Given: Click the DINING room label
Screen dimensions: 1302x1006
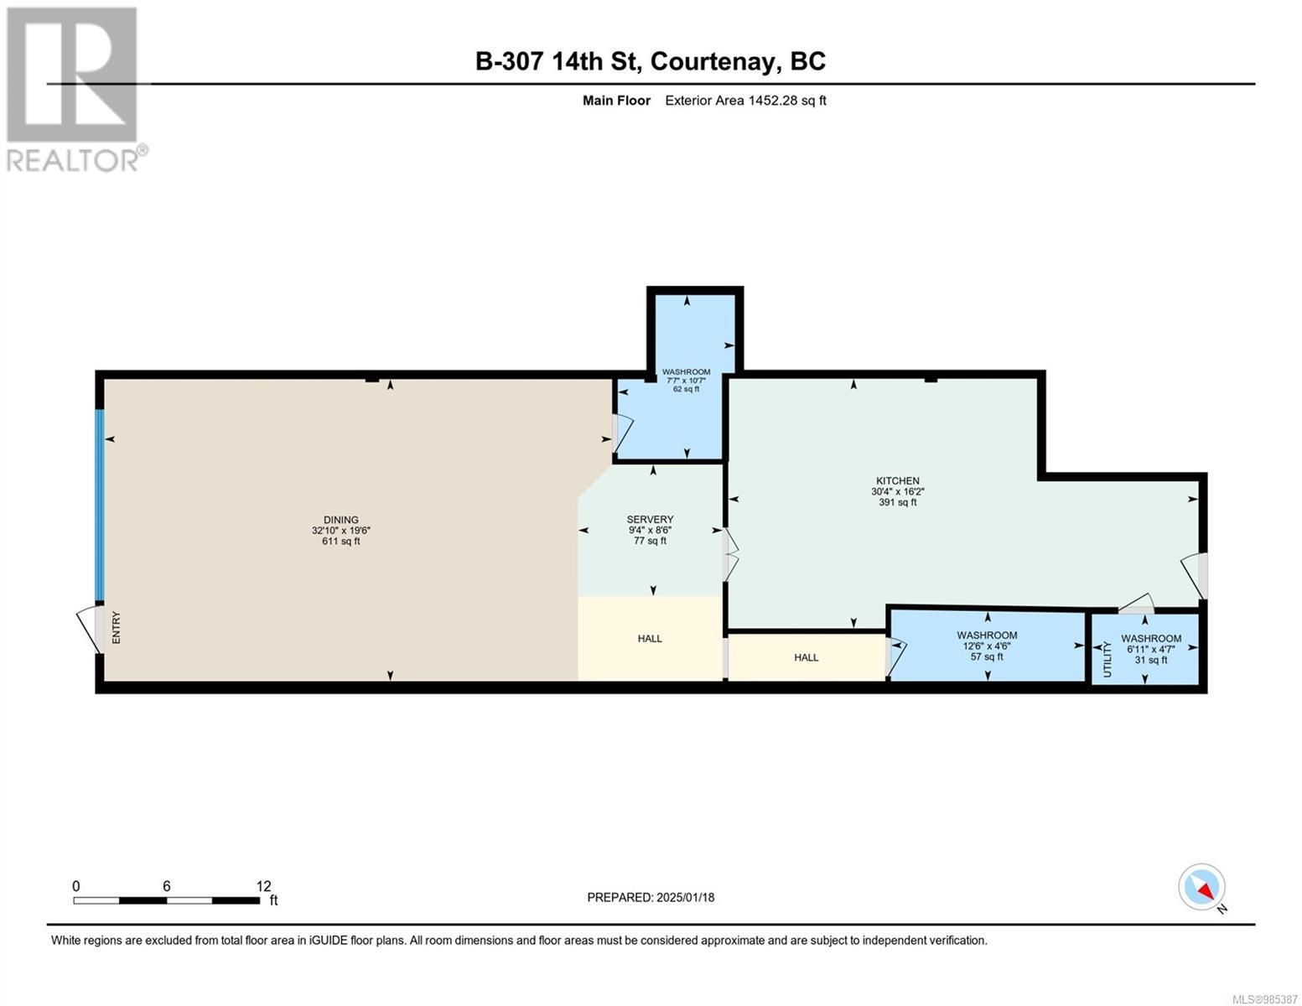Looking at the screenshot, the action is point(341,520).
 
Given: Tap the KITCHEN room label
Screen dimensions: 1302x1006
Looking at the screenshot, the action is point(898,480).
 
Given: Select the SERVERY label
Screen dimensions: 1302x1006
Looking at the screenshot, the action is point(650,520).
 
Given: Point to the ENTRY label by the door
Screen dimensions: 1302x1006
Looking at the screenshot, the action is point(117,628).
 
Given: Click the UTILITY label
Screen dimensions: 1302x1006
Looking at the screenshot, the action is point(1107,660).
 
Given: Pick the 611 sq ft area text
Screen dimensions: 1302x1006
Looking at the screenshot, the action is point(341,541).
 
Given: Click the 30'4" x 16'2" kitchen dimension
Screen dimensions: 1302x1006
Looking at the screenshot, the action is point(898,491).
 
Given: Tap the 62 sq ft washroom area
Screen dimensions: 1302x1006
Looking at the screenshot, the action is point(686,389).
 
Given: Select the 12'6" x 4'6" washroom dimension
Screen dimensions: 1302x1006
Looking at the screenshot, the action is point(987,646).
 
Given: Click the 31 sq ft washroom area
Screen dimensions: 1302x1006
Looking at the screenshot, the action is point(1151,661).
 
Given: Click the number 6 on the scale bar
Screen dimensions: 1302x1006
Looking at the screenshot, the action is point(167,886).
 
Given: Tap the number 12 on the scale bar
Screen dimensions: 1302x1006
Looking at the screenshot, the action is point(263,886).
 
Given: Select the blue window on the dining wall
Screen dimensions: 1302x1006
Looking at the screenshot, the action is point(100,506).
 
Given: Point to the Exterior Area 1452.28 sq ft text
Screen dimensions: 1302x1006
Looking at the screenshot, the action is point(745,101).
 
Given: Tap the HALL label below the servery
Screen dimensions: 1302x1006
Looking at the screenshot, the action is point(650,639).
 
